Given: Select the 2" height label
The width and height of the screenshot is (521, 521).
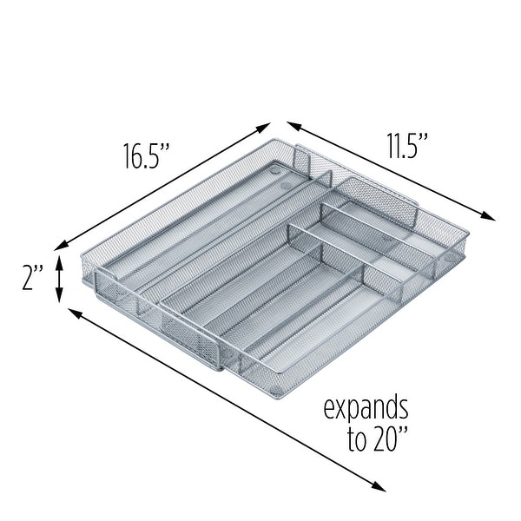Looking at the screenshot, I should [x=32, y=280].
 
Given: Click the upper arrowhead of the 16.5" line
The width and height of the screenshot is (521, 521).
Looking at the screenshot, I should [x=266, y=128].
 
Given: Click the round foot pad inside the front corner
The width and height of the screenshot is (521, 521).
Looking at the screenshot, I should [x=277, y=380].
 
